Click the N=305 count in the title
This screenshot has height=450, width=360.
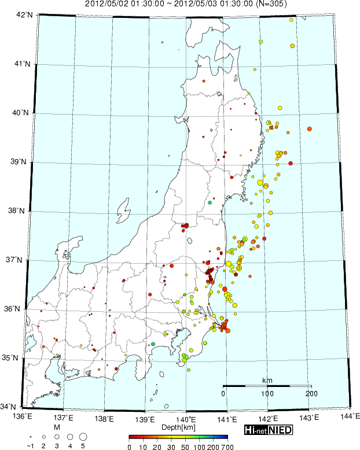pos(272,4)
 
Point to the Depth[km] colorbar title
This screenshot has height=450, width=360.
pos(178,427)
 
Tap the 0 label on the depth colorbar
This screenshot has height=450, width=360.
pos(129,447)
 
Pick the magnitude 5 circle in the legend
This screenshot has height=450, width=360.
pos(83,436)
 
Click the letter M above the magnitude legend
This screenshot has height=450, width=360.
pos(56,427)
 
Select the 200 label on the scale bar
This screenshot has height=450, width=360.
pos(311,394)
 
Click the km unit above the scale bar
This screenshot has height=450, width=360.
pos(267,380)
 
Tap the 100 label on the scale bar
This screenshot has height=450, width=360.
pos(267,394)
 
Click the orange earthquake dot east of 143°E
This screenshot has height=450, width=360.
pos(310,128)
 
